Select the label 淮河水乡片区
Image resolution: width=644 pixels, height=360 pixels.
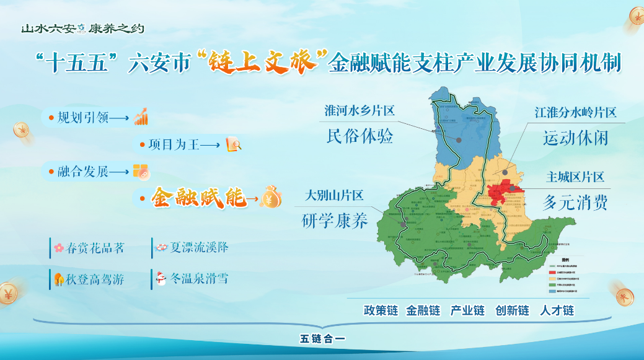(x=359, y=111)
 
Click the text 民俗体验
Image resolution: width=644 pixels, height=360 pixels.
(x=359, y=136)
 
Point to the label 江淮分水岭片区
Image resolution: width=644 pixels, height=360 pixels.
(x=576, y=113)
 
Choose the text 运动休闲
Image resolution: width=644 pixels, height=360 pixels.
(x=576, y=138)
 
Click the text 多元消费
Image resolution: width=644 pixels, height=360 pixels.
(x=575, y=203)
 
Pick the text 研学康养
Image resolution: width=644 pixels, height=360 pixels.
(x=334, y=221)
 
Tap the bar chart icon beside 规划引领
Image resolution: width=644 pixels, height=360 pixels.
(x=141, y=116)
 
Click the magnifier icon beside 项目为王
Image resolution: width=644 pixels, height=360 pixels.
(x=234, y=144)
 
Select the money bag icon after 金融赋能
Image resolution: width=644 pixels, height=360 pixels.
(x=271, y=196)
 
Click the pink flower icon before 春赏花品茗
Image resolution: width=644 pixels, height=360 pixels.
(x=59, y=248)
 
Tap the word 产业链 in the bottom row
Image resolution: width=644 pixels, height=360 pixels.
(x=467, y=310)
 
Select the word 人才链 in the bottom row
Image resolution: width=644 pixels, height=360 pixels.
(x=557, y=310)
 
